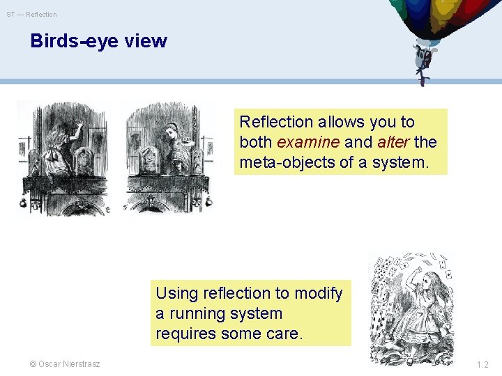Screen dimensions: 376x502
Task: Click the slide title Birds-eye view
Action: (x=98, y=41)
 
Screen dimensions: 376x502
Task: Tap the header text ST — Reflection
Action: (x=32, y=14)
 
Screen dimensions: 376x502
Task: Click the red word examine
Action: (x=308, y=142)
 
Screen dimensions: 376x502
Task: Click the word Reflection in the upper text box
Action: (x=276, y=122)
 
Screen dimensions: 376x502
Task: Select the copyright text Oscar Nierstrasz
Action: (x=64, y=364)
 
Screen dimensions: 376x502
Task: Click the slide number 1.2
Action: (x=482, y=364)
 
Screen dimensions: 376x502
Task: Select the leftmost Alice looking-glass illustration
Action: (x=63, y=158)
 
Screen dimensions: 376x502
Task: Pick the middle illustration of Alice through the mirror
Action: (x=168, y=158)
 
